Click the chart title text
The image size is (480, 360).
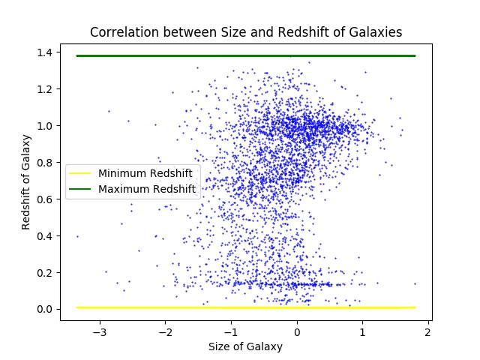[246, 32]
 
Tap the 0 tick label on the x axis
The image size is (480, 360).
[297, 331]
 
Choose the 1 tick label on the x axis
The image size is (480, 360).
[362, 331]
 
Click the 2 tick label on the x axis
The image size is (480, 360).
[428, 331]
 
